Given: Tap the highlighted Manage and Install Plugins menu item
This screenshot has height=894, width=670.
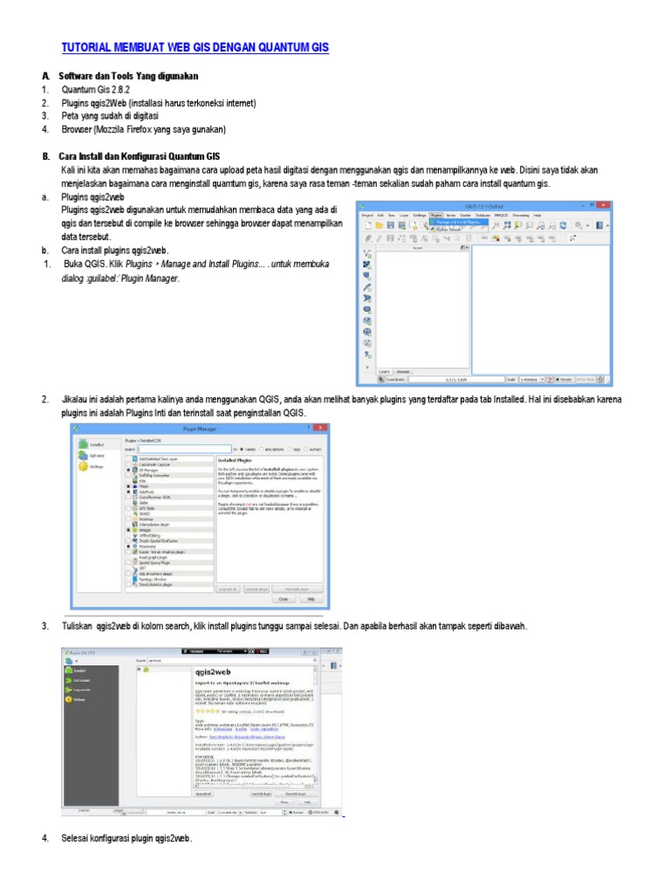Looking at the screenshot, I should click(x=456, y=221).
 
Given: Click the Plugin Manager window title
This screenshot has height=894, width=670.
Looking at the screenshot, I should click(x=199, y=429).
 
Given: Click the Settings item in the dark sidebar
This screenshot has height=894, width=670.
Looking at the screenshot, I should click(x=80, y=699).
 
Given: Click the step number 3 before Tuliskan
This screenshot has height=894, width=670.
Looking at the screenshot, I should click(x=44, y=628).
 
